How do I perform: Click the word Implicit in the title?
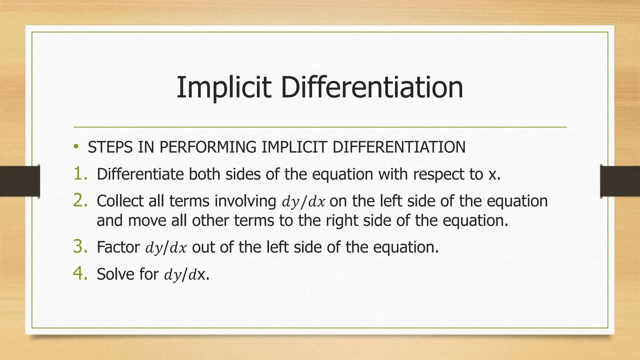click(x=223, y=88)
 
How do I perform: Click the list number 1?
click(x=80, y=174)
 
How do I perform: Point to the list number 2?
click(x=80, y=201)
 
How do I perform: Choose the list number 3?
click(x=80, y=247)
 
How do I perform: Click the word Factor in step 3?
click(x=118, y=247)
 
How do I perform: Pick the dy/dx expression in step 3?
click(x=166, y=248)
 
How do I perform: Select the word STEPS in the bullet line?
click(x=110, y=147)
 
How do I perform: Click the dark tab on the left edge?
click(x=20, y=181)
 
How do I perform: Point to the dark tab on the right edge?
click(x=620, y=181)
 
